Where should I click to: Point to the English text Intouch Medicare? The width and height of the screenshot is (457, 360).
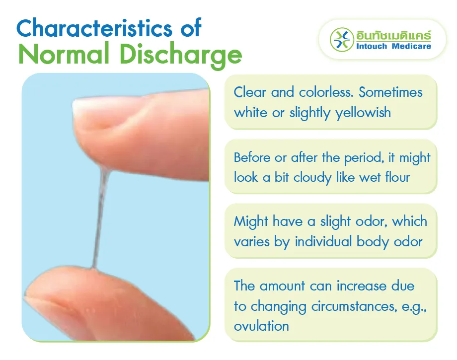[x=393, y=46]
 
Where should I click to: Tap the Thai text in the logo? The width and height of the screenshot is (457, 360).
[x=393, y=35]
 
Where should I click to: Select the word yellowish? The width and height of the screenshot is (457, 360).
[x=363, y=112]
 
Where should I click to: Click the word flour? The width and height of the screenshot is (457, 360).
[x=397, y=177]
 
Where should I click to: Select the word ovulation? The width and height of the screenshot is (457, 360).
[x=261, y=326]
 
